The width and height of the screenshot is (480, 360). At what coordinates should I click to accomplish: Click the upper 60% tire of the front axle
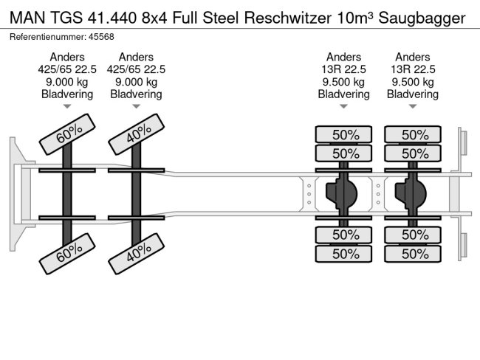67,135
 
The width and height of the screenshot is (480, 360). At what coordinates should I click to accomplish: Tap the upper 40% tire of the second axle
136,135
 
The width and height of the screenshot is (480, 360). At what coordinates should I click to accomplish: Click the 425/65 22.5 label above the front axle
67,69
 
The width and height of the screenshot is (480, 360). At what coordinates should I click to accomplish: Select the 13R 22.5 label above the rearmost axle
413,69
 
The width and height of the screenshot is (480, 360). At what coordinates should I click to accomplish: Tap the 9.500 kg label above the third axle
344,82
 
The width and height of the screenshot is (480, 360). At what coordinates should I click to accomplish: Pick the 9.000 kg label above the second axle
136,82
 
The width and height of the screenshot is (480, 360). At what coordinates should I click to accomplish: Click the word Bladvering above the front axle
67,94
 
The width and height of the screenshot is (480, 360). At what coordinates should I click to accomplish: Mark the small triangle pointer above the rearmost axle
413,108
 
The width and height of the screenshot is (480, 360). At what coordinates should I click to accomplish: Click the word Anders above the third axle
344,57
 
